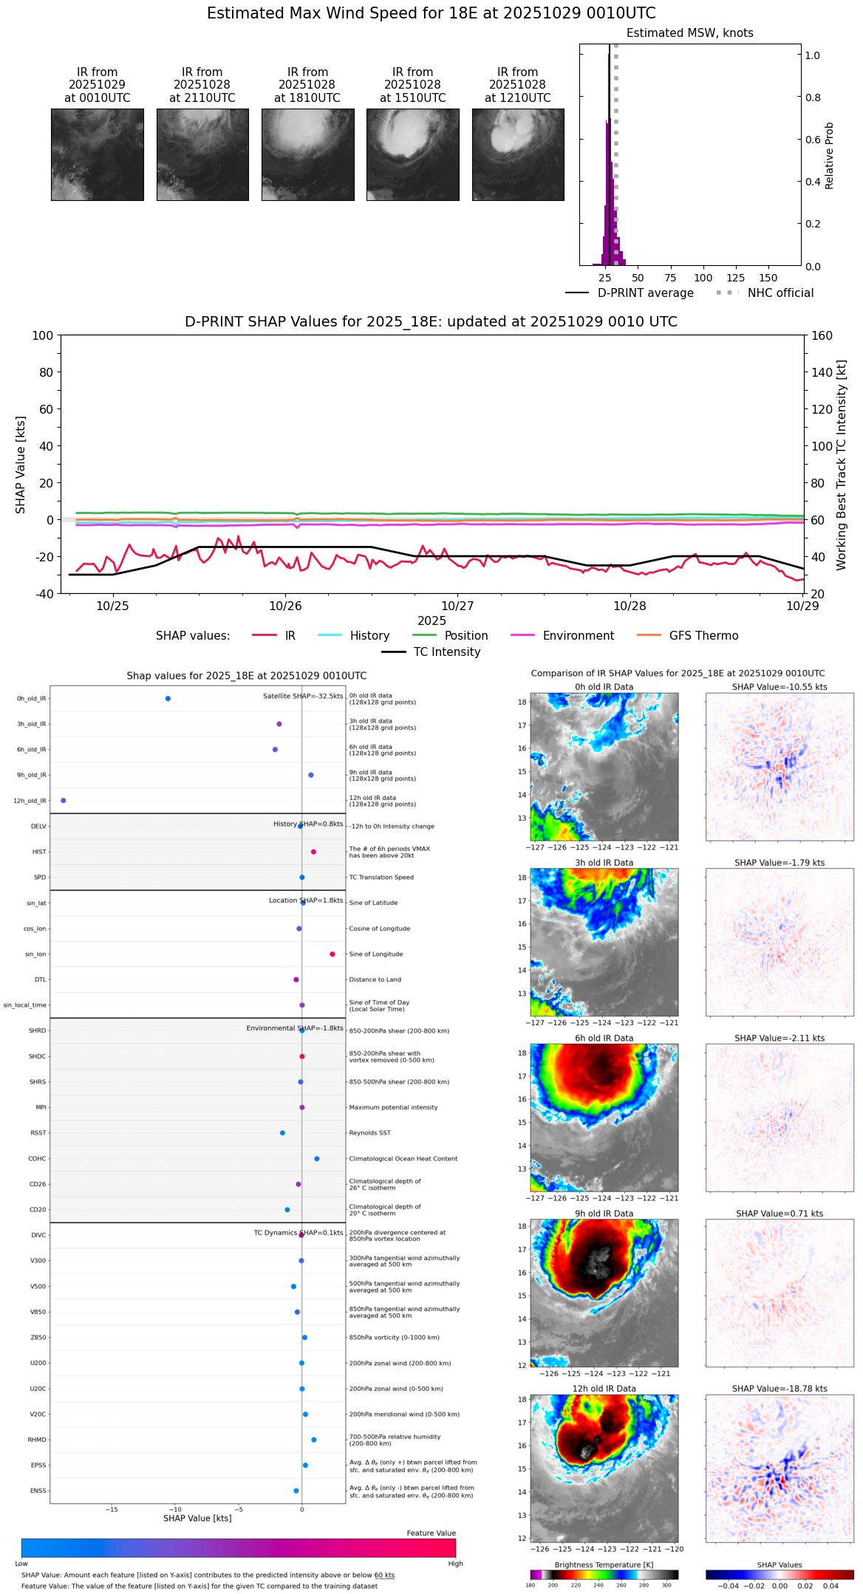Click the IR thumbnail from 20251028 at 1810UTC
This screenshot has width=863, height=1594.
[307, 154]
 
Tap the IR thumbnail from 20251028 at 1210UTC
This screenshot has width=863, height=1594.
[518, 154]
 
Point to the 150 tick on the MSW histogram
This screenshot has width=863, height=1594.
[768, 278]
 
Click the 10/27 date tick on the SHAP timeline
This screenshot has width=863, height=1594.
[457, 606]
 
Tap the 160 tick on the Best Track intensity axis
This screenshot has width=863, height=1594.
[822, 335]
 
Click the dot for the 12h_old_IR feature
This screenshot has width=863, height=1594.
[64, 801]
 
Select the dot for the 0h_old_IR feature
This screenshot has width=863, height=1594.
[168, 699]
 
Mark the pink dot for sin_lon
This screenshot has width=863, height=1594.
[332, 954]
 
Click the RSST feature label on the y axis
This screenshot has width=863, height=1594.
[38, 1133]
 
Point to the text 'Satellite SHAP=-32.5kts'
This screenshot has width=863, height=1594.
[303, 697]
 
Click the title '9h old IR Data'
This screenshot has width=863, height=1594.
[604, 1214]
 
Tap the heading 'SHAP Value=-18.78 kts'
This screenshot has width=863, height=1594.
[780, 1389]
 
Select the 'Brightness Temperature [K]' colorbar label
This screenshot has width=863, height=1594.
[604, 1564]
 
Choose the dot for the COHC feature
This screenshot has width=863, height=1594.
[317, 1159]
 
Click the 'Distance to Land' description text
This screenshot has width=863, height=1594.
[375, 980]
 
